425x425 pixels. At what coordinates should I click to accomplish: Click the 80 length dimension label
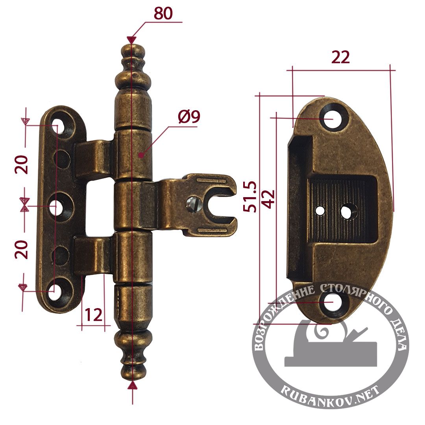[x=163, y=13]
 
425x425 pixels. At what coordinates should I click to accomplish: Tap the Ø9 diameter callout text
[x=189, y=117]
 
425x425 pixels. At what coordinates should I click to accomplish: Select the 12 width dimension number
[x=94, y=315]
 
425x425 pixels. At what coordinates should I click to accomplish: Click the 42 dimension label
[x=269, y=199]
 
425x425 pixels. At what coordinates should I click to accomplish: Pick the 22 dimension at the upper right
[x=340, y=57]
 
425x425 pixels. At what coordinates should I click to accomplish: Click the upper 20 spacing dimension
[x=21, y=164]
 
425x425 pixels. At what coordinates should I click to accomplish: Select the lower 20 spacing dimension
[x=21, y=249]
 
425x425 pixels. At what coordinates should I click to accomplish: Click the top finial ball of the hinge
[x=132, y=51]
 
